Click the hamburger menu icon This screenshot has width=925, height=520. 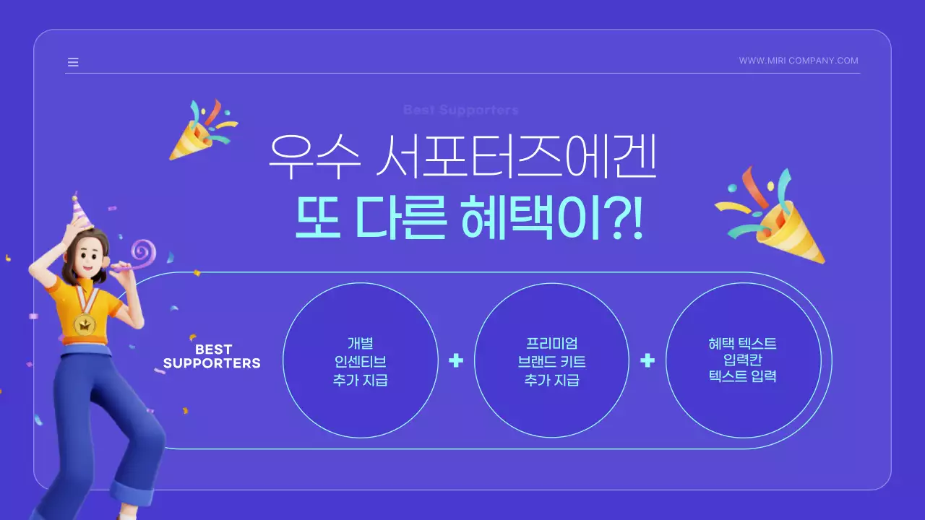[x=73, y=62]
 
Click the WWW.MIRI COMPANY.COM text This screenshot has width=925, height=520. [x=799, y=61]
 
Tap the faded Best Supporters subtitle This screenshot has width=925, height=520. [x=460, y=110]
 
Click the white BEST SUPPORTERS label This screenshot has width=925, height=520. [x=212, y=357]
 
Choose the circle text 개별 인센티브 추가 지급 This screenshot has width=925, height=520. [x=360, y=361]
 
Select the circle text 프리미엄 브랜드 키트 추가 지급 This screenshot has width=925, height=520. [x=551, y=361]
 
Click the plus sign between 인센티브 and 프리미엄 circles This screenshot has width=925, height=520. [x=455, y=360]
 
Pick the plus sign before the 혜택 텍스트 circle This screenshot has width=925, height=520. [x=647, y=360]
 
